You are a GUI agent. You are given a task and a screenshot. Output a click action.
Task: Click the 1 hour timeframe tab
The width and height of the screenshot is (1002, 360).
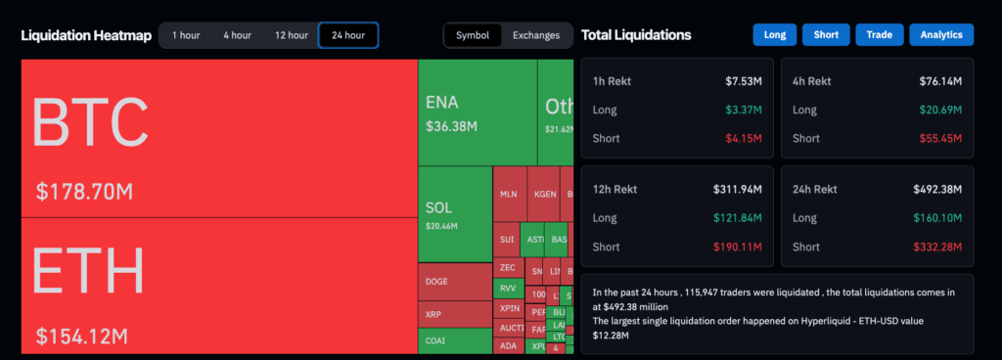coord(186,35)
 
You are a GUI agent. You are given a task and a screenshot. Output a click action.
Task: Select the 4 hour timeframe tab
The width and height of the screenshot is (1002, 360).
coord(237,35)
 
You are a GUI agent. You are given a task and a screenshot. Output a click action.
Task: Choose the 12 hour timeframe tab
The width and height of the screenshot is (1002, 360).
coord(292,35)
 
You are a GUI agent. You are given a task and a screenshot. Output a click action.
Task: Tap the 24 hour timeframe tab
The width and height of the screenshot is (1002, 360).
coord(348,35)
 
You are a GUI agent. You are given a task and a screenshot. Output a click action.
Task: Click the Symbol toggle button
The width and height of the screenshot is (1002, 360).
coord(473,35)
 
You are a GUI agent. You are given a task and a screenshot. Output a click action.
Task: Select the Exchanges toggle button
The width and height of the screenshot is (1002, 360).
coord(536,35)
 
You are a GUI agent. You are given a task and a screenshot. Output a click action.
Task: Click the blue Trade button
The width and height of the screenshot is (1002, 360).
coord(879,35)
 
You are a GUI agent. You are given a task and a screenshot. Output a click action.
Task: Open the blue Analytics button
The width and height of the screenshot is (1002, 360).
coord(941,35)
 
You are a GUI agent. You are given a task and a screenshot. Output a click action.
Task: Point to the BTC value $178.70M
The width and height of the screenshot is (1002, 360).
coord(84,191)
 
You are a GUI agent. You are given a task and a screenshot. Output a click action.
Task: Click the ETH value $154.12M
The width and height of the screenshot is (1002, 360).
coord(83,337)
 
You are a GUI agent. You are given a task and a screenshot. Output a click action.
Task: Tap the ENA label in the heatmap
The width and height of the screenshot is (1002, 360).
coord(442,103)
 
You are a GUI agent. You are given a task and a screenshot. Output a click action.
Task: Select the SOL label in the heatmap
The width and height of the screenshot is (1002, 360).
coord(439,207)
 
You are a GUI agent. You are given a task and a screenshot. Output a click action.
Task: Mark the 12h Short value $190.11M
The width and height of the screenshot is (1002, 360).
coord(740,247)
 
